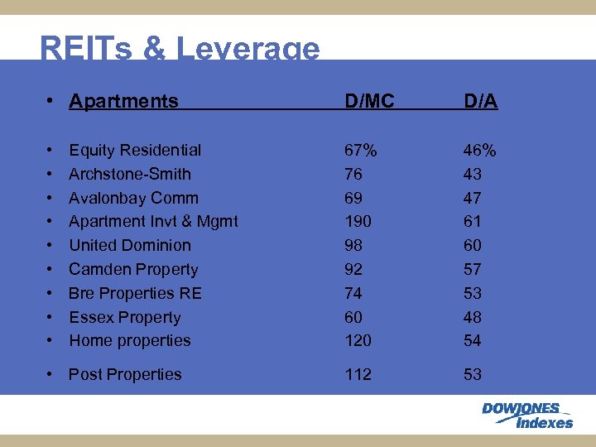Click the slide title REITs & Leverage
[x=179, y=49]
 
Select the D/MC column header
[x=369, y=101]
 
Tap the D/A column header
[x=480, y=101]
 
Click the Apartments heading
[x=123, y=101]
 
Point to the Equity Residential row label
[x=135, y=150]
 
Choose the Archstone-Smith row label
[x=130, y=174]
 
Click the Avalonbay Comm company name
[x=133, y=198]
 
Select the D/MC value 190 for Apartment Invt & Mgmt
[x=358, y=221]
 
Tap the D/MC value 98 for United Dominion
[x=354, y=245]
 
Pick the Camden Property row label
[x=133, y=269]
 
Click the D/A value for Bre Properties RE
[x=473, y=293]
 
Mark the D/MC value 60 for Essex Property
[x=354, y=317]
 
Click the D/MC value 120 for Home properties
[x=358, y=340]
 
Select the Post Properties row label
[x=125, y=374]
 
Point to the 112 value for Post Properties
[x=358, y=374]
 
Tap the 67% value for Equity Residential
[x=361, y=150]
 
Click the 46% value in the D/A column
[x=479, y=150]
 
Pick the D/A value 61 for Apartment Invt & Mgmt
[x=473, y=221]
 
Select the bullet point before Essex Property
[x=51, y=317]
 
